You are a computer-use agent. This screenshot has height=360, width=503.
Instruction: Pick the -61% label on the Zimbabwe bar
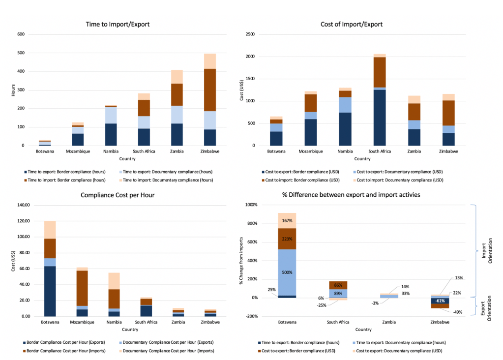pyautogui.click(x=441, y=301)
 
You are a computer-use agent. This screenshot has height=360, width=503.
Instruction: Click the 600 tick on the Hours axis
pyautogui.click(x=21, y=34)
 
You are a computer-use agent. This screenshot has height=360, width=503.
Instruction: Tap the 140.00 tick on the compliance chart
pyautogui.click(x=23, y=205)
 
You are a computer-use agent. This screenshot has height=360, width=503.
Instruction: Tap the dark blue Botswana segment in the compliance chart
pyautogui.click(x=50, y=291)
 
